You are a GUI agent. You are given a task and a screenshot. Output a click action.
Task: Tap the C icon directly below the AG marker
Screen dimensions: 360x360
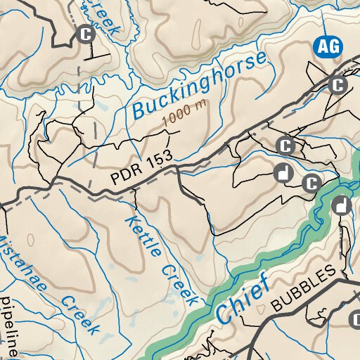pyautogui.click(x=339, y=85)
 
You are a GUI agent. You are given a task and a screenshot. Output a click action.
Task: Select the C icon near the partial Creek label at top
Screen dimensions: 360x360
pyautogui.click(x=86, y=34)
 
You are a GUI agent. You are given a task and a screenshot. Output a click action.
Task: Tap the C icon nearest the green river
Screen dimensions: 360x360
pyautogui.click(x=311, y=184)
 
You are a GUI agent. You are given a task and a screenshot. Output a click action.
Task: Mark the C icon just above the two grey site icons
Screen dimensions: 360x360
pyautogui.click(x=285, y=146)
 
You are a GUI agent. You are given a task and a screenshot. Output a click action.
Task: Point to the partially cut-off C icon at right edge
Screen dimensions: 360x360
pyautogui.click(x=356, y=320)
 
